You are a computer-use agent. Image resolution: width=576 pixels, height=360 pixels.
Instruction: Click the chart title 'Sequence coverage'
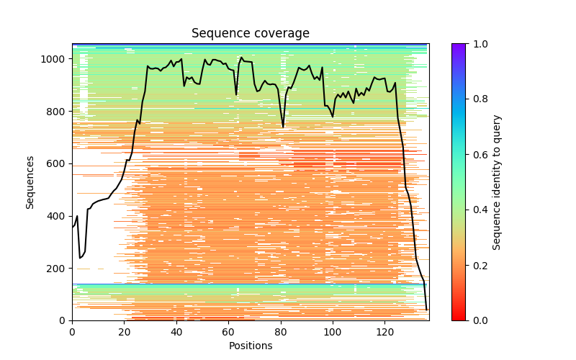pos(251,34)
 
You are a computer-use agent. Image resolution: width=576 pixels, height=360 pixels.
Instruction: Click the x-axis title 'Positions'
pos(251,346)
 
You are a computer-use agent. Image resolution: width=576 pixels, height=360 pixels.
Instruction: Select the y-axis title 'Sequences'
pos(30,182)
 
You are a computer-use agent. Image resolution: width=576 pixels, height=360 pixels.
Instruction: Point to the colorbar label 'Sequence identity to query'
pos(497,182)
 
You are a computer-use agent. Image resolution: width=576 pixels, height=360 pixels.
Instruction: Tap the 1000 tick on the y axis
pos(57,59)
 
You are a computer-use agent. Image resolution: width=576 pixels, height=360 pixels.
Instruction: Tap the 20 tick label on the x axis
pos(124,332)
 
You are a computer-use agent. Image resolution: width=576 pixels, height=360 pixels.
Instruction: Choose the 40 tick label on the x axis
pos(176,332)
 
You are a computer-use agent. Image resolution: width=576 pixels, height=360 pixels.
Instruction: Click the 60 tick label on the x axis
pos(228,332)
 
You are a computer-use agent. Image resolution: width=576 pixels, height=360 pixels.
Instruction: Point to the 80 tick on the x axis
pos(281,332)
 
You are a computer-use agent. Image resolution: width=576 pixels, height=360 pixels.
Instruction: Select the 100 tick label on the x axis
pos(333,332)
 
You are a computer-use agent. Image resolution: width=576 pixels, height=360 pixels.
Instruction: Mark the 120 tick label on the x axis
pos(384,332)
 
